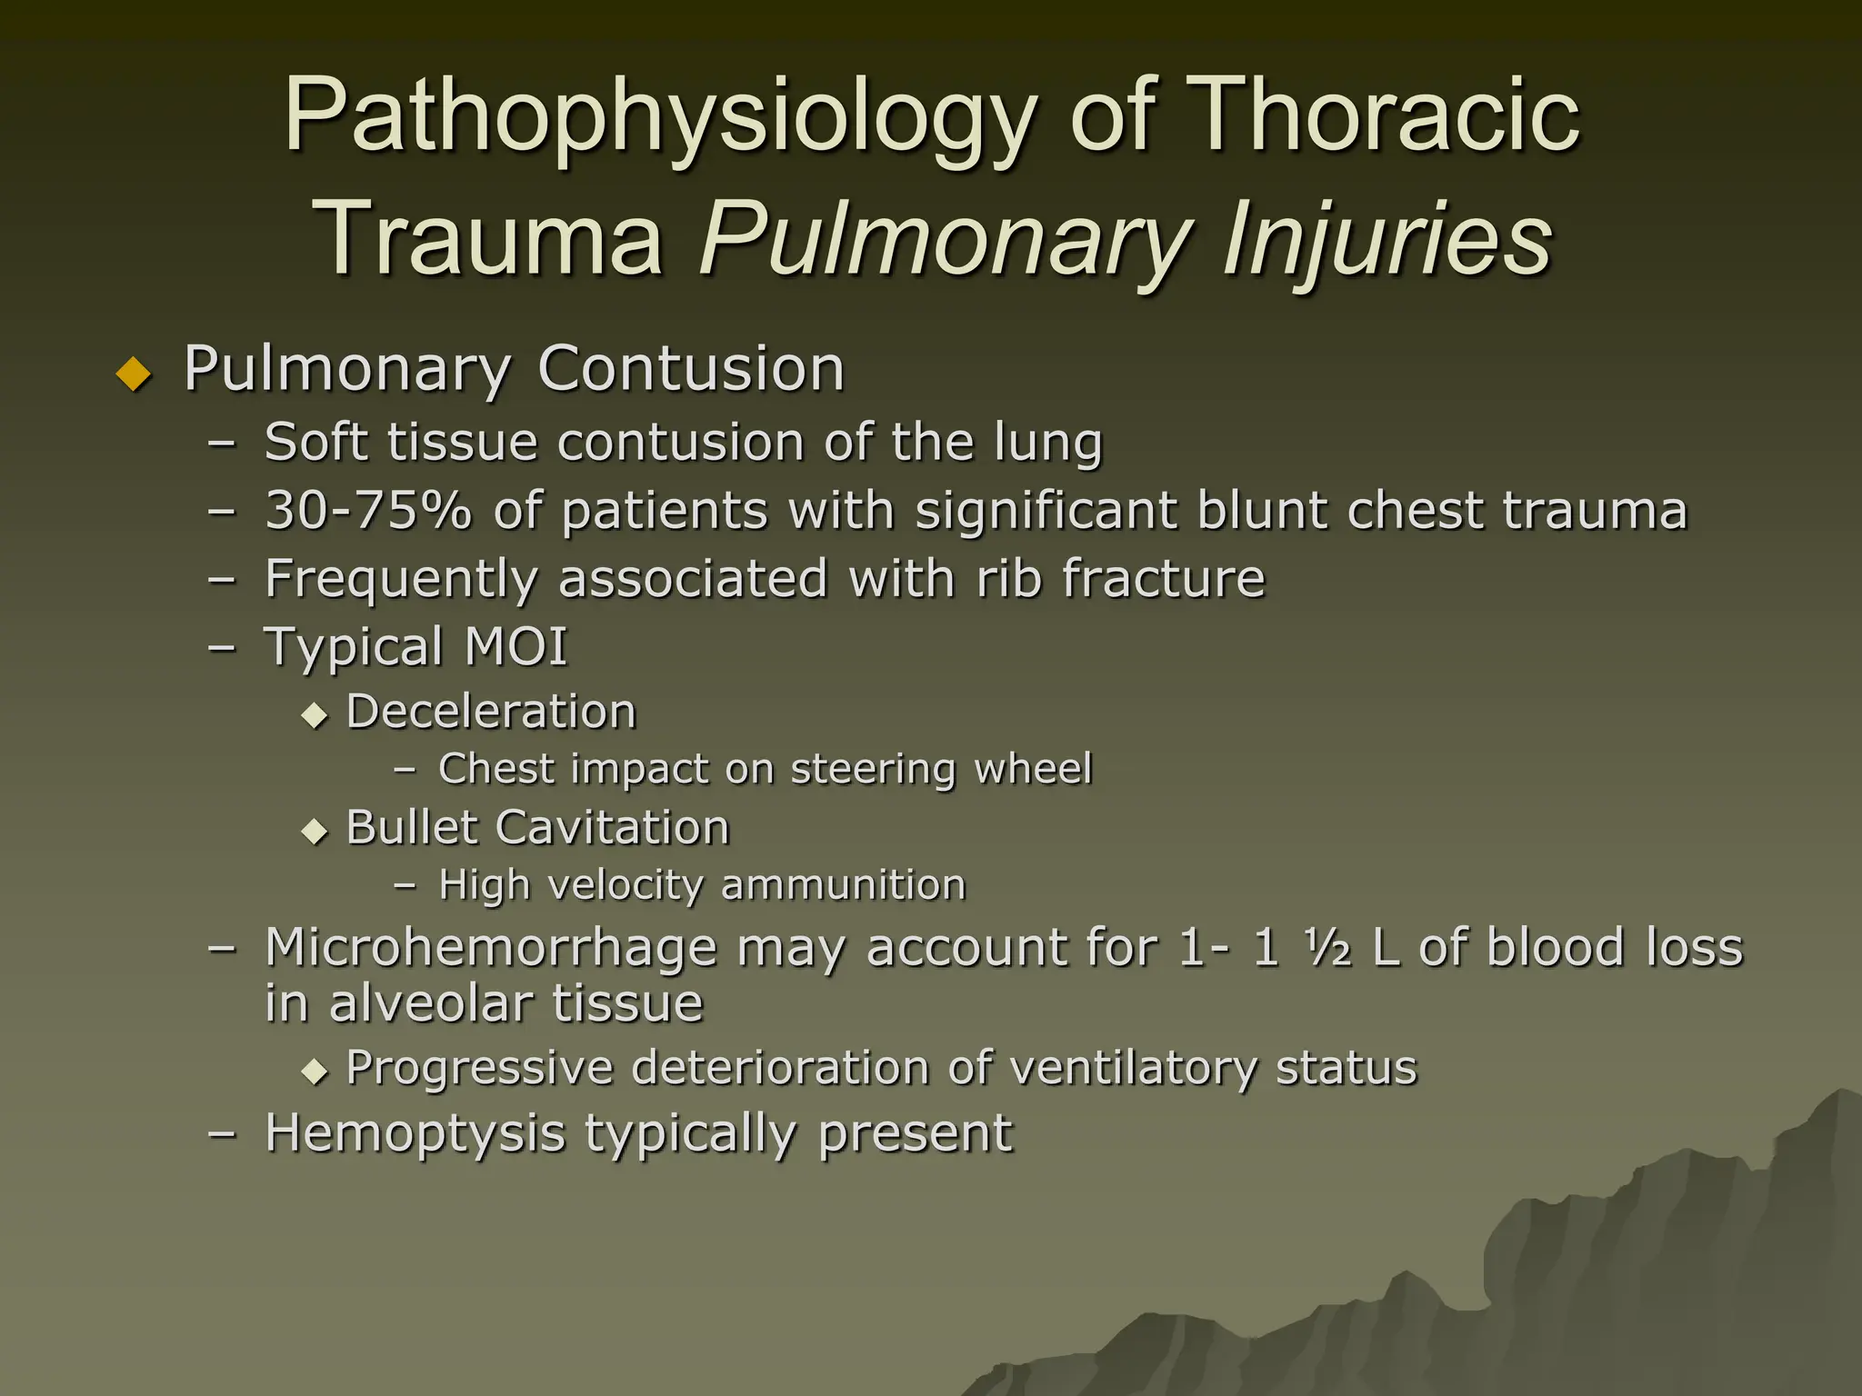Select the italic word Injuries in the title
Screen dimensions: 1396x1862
[x=1387, y=238]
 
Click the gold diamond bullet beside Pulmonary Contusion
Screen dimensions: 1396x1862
[x=135, y=373]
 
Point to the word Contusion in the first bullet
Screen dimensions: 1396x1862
[x=691, y=369]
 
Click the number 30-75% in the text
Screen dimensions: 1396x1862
[x=368, y=510]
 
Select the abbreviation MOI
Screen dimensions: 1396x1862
[x=516, y=646]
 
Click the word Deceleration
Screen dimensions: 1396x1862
[x=491, y=712]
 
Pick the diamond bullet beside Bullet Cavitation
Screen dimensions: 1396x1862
[x=315, y=831]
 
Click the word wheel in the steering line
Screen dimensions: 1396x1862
[x=1033, y=769]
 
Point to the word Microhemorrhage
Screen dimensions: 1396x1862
[x=491, y=948]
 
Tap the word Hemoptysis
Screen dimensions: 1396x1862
[x=415, y=1134]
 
